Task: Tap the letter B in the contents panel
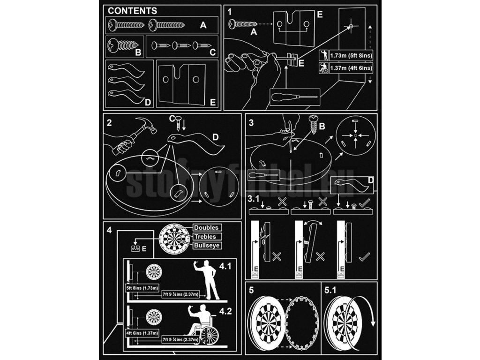138,53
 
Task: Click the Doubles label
206,228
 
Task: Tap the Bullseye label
206,246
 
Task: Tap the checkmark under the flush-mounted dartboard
364,256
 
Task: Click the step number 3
251,123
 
